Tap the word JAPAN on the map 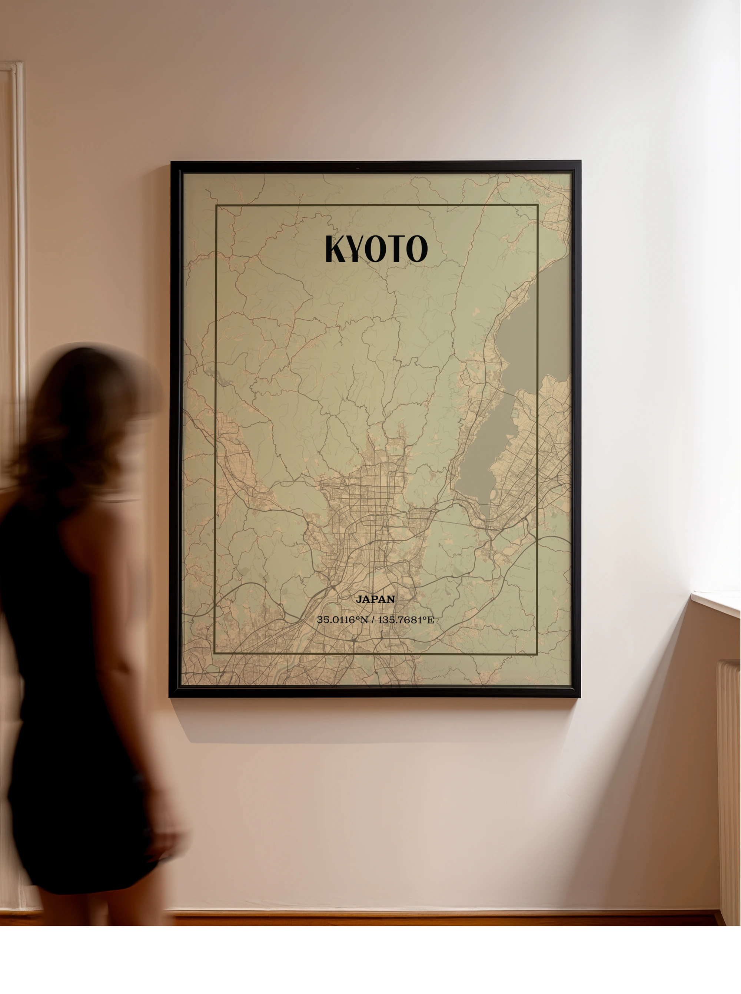[x=375, y=599]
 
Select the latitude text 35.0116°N [x=342, y=620]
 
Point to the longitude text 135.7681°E [x=405, y=620]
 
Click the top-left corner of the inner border [x=216, y=205]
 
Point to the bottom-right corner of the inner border [x=537, y=654]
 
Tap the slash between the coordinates [x=373, y=620]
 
